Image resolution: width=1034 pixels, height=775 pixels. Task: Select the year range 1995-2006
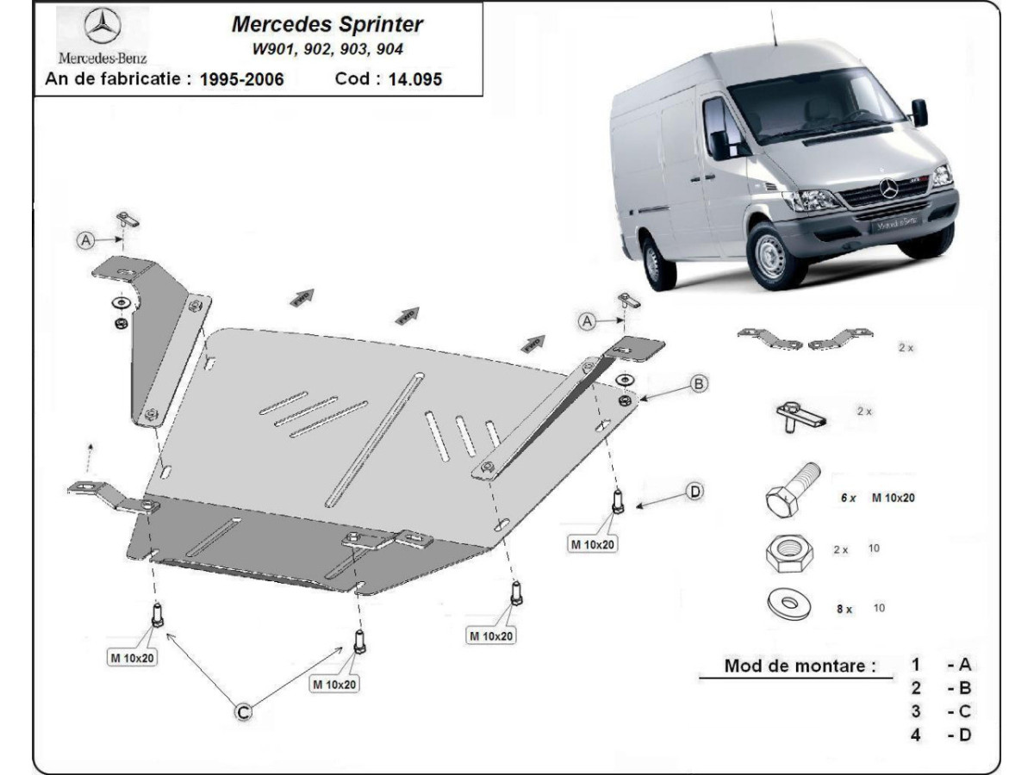pos(241,79)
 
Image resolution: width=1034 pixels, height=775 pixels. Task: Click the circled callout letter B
pos(699,383)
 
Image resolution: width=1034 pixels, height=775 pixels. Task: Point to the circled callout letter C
pos(244,710)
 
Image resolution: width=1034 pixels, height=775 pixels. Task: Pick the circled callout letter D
pos(695,492)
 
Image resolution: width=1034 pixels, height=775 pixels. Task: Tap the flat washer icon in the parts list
pos(788,604)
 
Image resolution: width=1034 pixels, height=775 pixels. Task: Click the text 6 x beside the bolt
pos(849,498)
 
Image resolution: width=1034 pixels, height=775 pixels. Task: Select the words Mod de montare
pos(800,665)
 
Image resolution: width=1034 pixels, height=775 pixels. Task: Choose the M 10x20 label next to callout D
pos(592,543)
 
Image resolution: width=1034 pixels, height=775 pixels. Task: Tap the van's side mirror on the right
pos(919,112)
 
